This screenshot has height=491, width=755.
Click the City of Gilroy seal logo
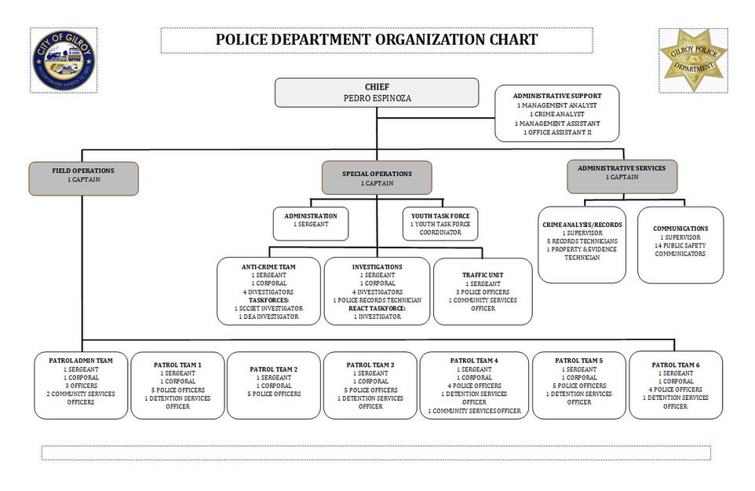coord(64,60)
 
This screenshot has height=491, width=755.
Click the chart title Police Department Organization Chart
coord(377,40)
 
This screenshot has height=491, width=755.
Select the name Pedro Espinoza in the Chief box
coord(377,98)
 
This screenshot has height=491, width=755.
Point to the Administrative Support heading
coord(557,96)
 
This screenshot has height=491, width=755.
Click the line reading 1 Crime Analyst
coord(557,114)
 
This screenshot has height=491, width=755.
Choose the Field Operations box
coord(83,178)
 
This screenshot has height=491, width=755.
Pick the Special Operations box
coord(377,178)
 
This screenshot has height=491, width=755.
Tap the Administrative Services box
coord(622,177)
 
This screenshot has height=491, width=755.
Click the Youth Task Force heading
coord(440,215)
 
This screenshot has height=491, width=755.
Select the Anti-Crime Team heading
coord(268,267)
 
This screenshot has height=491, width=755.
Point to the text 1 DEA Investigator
coord(268,317)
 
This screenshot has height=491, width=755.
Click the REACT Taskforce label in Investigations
coord(377,308)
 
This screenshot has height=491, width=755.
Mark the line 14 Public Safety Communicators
coord(680,249)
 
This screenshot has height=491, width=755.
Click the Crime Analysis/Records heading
coord(582,225)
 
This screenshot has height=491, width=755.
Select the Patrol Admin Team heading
coord(81,361)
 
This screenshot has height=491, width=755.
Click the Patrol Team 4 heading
coord(474,361)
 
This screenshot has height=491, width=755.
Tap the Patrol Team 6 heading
coord(675,365)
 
